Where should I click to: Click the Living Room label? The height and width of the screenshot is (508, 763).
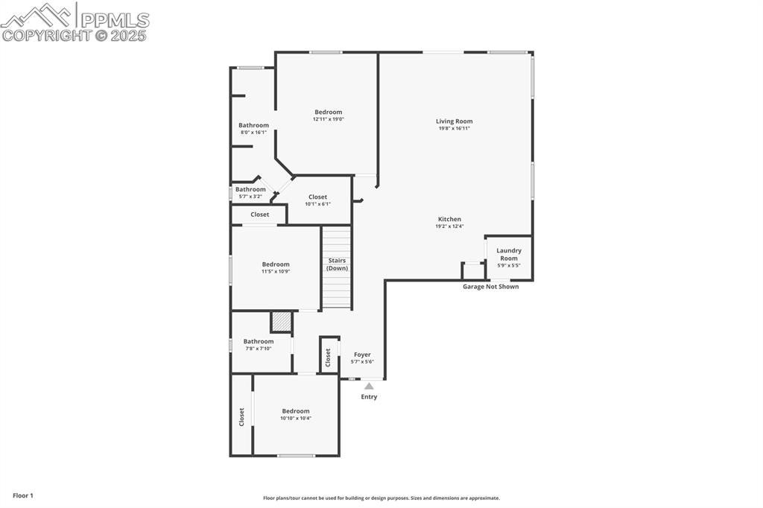click(454, 121)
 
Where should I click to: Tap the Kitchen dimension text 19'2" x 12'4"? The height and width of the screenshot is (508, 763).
click(449, 226)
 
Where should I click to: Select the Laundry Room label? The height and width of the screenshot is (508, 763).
click(509, 255)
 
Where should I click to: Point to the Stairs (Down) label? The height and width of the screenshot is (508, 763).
click(337, 264)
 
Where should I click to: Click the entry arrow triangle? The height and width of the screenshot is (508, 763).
click(369, 386)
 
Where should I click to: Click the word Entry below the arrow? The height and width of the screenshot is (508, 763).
click(369, 397)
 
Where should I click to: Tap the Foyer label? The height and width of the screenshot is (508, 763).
click(362, 355)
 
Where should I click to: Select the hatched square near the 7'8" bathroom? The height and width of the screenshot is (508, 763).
click(281, 322)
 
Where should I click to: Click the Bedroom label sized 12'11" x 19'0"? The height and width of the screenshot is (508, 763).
click(328, 112)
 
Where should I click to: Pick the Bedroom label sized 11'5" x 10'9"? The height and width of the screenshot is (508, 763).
click(276, 264)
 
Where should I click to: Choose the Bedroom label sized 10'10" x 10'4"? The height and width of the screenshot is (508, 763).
click(296, 411)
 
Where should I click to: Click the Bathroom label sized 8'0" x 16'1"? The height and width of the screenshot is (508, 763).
click(253, 125)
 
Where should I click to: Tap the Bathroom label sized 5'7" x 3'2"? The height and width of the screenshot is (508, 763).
click(250, 189)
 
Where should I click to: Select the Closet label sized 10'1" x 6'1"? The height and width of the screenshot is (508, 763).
click(317, 197)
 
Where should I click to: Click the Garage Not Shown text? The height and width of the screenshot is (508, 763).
click(490, 287)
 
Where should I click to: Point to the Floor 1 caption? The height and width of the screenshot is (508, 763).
click(23, 495)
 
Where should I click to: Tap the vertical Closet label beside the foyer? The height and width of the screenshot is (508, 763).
click(328, 357)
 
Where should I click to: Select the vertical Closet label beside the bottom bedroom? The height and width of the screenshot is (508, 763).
click(241, 416)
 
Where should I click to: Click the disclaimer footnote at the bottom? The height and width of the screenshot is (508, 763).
click(381, 498)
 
